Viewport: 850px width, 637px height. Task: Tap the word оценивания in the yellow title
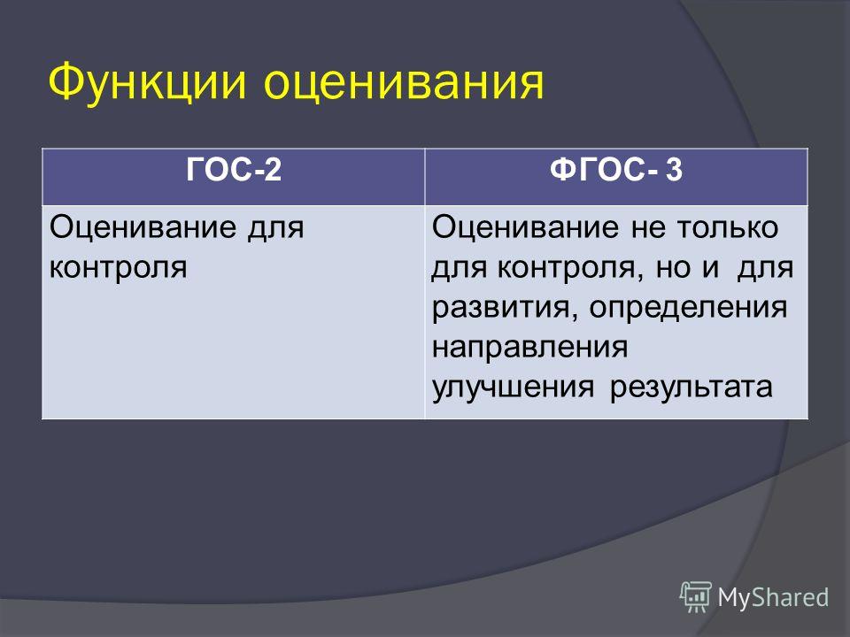(x=405, y=83)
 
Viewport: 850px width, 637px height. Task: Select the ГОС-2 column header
(x=234, y=170)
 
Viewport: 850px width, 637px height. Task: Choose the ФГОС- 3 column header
(x=616, y=170)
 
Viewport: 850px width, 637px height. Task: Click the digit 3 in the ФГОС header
(x=674, y=170)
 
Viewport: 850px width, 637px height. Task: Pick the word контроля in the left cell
(x=118, y=267)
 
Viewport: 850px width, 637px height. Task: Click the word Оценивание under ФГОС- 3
(x=525, y=227)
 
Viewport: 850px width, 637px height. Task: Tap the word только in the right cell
(x=728, y=228)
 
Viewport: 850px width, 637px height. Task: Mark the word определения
(x=689, y=308)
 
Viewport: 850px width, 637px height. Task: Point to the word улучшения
(x=513, y=388)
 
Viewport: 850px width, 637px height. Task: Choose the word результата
(x=692, y=388)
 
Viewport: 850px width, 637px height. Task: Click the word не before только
(x=648, y=228)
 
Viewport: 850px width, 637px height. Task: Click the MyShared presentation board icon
(x=696, y=597)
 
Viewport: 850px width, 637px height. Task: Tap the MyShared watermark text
(x=773, y=598)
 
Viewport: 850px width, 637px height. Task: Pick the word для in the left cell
(x=276, y=228)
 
